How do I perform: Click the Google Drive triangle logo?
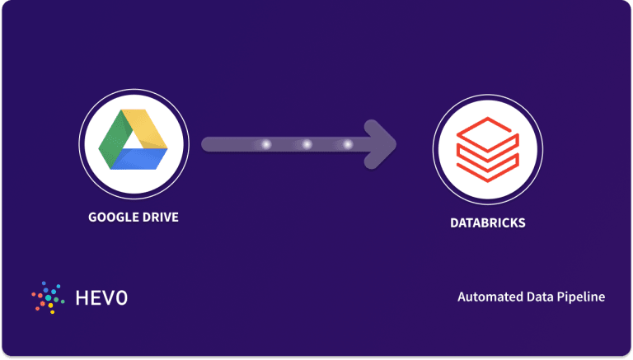[x=134, y=143]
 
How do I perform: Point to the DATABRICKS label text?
[x=487, y=222]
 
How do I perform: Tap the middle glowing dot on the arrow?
[x=307, y=144]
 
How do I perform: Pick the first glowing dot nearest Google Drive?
[x=265, y=144]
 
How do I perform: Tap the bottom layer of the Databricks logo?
[x=487, y=170]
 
